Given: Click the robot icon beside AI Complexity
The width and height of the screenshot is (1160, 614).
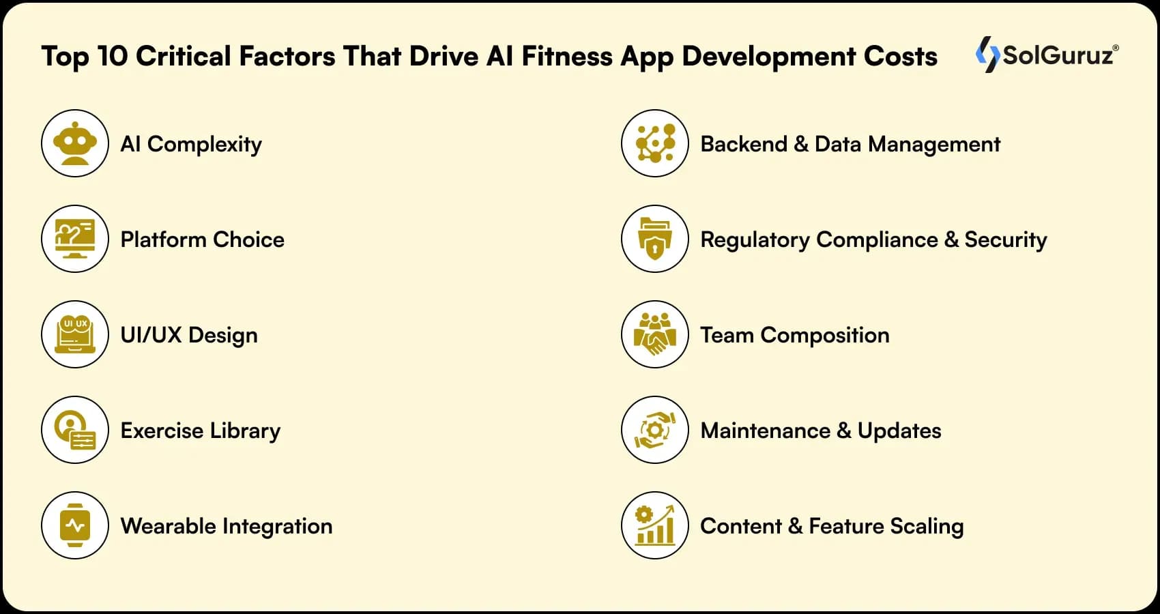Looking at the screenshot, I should [75, 143].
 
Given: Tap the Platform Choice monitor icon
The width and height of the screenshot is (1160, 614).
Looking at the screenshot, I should [75, 239].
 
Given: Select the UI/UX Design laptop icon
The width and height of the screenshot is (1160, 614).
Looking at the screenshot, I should [75, 334].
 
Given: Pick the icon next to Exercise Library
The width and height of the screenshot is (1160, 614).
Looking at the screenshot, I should [75, 430].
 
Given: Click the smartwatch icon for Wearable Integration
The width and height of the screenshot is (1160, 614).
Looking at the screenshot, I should [75, 525].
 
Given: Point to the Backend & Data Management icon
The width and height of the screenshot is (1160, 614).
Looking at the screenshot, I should [655, 143].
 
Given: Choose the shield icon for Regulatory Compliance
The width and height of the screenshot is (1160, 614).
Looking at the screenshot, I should [655, 239].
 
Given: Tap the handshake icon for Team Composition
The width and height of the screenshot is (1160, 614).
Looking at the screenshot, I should [655, 334].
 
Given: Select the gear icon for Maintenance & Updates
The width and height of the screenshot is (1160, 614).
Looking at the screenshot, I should [655, 430].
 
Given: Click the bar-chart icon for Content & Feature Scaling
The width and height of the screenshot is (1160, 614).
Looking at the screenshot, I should [655, 525].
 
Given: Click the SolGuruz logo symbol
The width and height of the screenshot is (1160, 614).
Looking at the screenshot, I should [987, 54].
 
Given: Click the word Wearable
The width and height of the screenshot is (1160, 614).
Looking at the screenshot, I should [169, 526].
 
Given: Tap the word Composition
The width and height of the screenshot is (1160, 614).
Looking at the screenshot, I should [825, 336].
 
